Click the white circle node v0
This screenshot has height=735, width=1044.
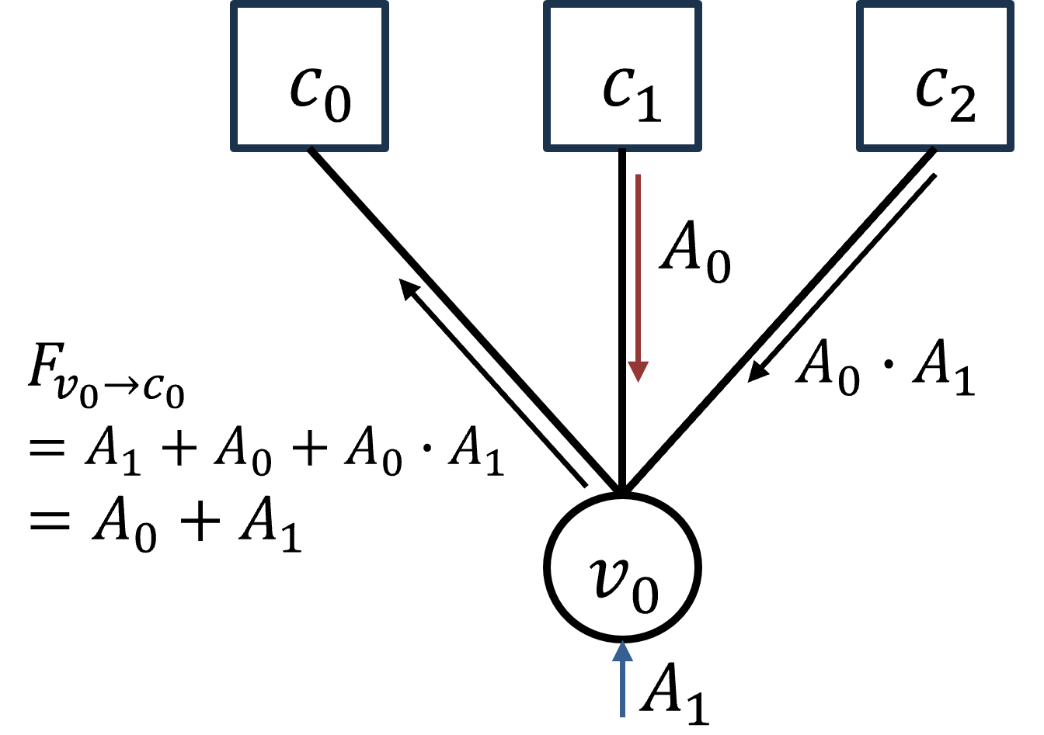pos(622,567)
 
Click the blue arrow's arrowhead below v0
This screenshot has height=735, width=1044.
pos(622,650)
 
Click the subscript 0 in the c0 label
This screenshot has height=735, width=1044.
pos(338,104)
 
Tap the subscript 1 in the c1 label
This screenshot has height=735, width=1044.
pos(647,104)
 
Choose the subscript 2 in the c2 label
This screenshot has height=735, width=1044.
pos(962,104)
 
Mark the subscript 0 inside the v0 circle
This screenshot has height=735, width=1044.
pos(644,595)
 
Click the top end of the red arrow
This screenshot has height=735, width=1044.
pos(638,176)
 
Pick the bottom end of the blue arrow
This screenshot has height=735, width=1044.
pos(622,716)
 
